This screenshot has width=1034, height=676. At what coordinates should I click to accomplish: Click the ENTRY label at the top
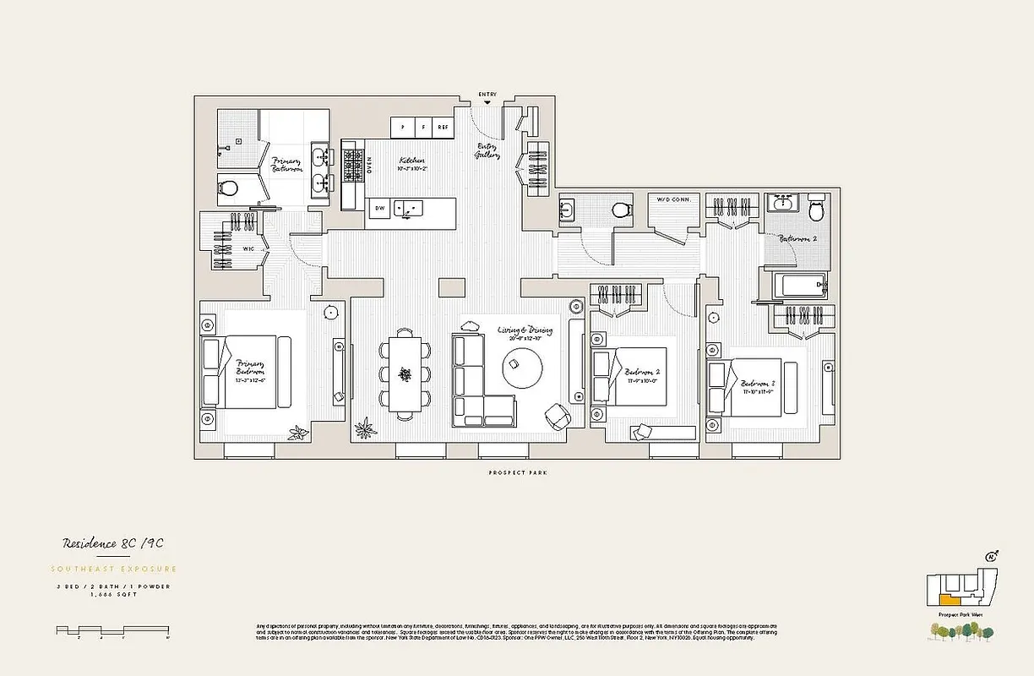click(487, 94)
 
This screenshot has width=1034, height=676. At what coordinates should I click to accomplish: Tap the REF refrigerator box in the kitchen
click(443, 128)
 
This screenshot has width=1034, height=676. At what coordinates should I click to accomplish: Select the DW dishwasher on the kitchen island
click(380, 206)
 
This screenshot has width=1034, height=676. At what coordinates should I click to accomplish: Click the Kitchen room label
click(412, 161)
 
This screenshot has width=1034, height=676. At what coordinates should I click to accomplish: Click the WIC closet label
click(249, 250)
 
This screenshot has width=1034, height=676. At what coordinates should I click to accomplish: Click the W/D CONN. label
click(674, 199)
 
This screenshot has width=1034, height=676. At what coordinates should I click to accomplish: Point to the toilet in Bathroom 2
click(816, 206)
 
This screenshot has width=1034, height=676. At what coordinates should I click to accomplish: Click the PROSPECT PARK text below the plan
click(517, 473)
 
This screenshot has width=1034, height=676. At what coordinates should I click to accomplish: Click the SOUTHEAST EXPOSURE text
click(115, 569)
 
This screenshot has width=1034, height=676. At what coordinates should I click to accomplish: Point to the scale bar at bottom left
click(113, 630)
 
